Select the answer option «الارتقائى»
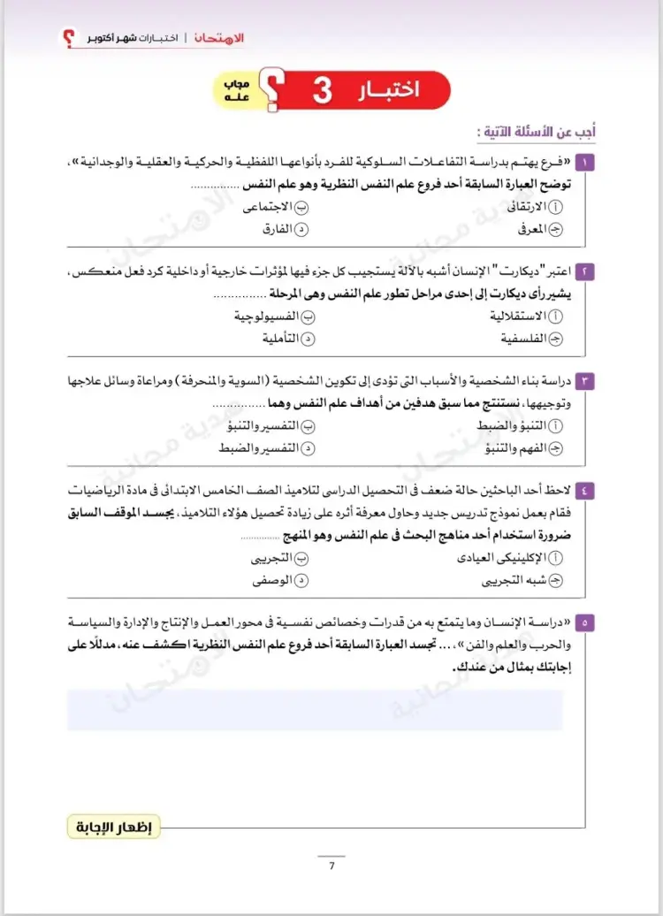[x=525, y=208]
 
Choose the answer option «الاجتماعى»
[x=275, y=208]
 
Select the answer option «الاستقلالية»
[x=518, y=316]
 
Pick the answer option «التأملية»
[x=278, y=339]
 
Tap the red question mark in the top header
[x=68, y=39]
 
